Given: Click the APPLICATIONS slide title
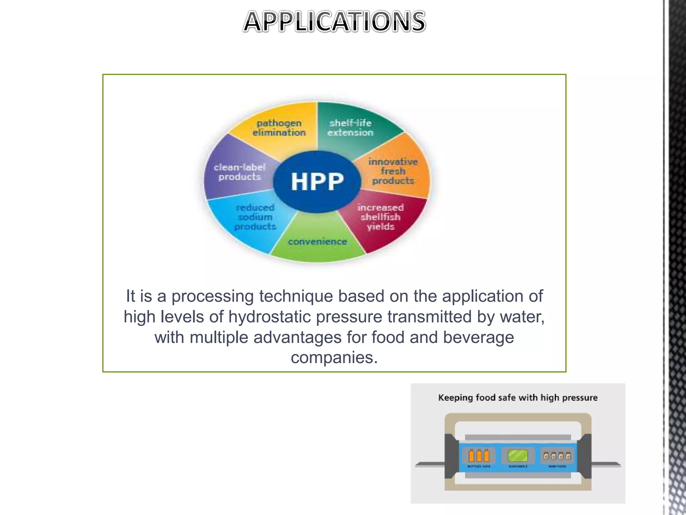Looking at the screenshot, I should pyautogui.click(x=334, y=22).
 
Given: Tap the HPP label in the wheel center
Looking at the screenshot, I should pyautogui.click(x=317, y=182).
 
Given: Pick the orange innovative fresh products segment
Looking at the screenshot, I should pyautogui.click(x=393, y=171).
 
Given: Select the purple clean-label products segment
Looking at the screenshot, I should pyautogui.click(x=239, y=172).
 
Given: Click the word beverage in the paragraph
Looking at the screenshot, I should pyautogui.click(x=478, y=337).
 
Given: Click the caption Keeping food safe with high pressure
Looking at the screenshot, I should pyautogui.click(x=518, y=398).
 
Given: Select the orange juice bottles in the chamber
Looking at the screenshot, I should pyautogui.click(x=479, y=456).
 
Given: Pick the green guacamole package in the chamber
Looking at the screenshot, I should pyautogui.click(x=518, y=456).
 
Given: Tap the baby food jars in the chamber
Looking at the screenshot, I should pyautogui.click(x=557, y=456).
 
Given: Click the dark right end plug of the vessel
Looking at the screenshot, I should pyautogui.click(x=585, y=456).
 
